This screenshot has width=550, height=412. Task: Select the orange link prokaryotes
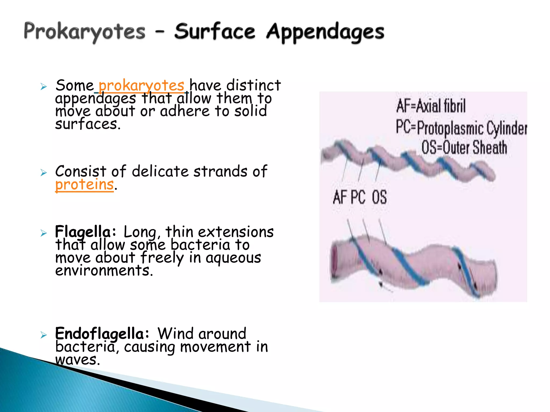142,86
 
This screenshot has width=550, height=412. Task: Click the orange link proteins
84,185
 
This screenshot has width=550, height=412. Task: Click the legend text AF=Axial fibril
431,106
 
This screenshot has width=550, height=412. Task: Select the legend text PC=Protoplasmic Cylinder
461,128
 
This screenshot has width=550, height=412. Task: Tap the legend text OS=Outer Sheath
464,148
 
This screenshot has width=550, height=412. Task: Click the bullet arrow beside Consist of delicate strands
44,172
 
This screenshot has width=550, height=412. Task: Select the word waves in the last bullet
78,360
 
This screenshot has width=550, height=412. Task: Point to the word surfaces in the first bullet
88,124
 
